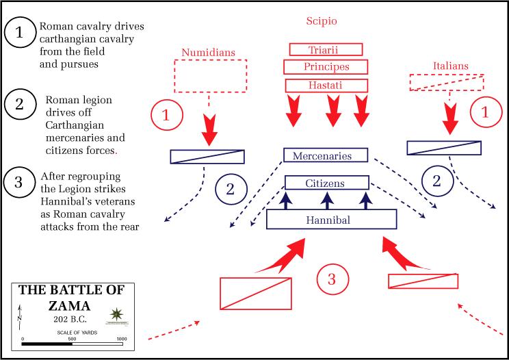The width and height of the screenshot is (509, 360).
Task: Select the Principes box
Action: click(x=326, y=67)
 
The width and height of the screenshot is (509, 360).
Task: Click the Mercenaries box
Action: click(x=326, y=156)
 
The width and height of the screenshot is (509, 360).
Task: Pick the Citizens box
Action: click(x=325, y=183)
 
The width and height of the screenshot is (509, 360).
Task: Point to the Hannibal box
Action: click(x=331, y=220)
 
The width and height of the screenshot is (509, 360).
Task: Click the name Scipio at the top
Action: click(x=321, y=21)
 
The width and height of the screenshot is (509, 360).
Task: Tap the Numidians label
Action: click(x=208, y=52)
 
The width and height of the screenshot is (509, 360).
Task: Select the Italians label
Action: click(x=451, y=66)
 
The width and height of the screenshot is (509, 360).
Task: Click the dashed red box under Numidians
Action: click(x=210, y=76)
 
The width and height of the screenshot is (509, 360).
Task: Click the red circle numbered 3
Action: click(x=332, y=279)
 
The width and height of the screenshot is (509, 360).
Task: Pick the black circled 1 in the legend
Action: click(x=20, y=31)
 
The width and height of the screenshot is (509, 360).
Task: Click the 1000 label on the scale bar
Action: click(x=121, y=339)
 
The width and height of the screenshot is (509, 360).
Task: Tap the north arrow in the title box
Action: click(x=20, y=316)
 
